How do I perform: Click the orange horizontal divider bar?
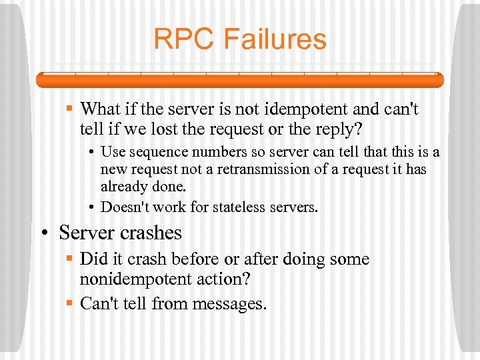pyautogui.click(x=239, y=80)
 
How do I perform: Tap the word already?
pyautogui.click(x=122, y=186)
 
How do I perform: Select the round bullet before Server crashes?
pyautogui.click(x=47, y=233)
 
